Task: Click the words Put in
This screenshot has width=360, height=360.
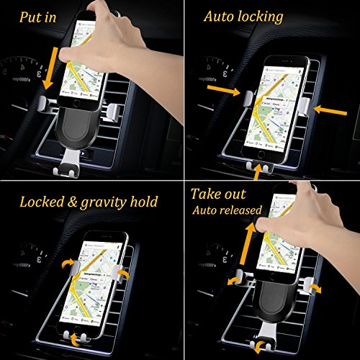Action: [37, 17]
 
